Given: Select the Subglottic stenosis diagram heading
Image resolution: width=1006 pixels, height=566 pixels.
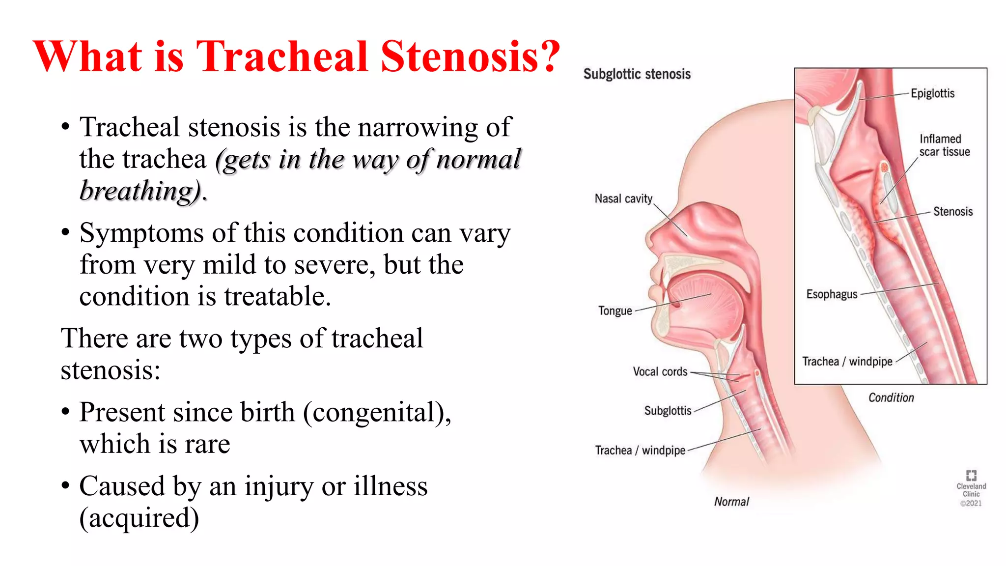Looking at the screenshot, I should point(637,74).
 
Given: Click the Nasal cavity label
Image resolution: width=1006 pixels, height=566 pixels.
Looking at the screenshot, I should point(623,198).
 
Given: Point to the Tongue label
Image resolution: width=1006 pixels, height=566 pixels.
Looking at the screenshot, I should point(615,311).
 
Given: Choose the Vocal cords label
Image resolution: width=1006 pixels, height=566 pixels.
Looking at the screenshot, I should point(660,372).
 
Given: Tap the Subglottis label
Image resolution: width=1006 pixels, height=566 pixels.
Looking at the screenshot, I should point(668,411).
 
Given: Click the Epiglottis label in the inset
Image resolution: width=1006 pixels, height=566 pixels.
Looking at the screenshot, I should point(932,93).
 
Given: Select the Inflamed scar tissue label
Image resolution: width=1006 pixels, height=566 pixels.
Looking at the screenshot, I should point(944,145).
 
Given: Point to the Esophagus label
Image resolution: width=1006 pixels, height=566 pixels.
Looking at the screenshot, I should point(832,294).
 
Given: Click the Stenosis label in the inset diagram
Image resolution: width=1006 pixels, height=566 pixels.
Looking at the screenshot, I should point(953,212).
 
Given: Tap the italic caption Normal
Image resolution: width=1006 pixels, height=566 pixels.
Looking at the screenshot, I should point(731,502).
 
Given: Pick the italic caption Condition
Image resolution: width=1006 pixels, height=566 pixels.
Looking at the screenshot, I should point(891,397).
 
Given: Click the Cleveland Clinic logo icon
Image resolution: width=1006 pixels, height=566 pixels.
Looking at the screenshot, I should point(971,475).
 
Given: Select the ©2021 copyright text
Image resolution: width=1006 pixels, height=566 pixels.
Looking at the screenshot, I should point(971,503).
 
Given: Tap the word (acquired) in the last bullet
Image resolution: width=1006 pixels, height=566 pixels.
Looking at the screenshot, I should point(139,518).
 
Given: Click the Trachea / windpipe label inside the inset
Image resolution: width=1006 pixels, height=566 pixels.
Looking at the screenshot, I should point(847,362).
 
